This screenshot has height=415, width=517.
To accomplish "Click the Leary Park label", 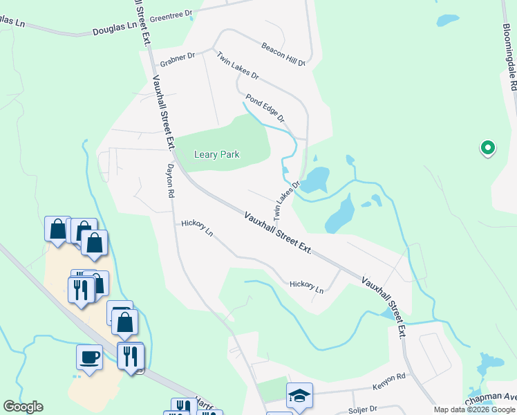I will [x=216, y=154].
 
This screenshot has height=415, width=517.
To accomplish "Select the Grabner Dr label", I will [x=178, y=59].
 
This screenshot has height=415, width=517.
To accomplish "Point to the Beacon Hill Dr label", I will [x=283, y=55].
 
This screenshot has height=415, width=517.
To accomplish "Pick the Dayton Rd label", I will [x=169, y=181].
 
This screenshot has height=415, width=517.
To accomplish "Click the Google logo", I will [x=23, y=407].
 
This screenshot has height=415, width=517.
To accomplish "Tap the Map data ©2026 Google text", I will [x=474, y=410].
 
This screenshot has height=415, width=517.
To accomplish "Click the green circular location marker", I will [x=487, y=147].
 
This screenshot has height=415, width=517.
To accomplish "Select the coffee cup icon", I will [x=89, y=358].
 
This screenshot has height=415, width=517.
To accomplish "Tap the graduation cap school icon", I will [x=299, y=396].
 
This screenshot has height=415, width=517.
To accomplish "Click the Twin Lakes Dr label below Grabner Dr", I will [x=237, y=66].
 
